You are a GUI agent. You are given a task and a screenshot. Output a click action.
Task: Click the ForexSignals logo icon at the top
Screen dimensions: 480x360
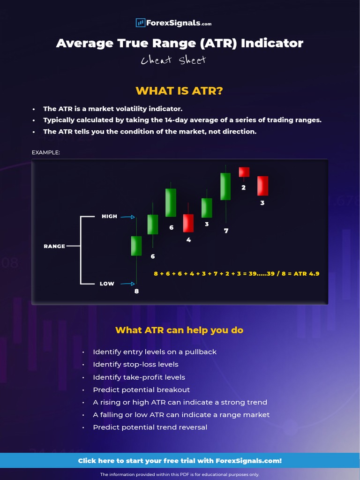(x=140, y=22)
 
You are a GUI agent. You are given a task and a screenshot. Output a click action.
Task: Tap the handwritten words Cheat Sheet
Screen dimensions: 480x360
(x=173, y=60)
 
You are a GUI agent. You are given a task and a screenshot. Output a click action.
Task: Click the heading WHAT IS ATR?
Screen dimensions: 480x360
(x=180, y=90)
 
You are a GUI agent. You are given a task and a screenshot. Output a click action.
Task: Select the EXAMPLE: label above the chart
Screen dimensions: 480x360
(x=45, y=152)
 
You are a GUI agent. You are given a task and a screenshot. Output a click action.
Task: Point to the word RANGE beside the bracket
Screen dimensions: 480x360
(x=54, y=246)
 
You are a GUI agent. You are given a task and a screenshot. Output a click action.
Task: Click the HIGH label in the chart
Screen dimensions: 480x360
(x=109, y=217)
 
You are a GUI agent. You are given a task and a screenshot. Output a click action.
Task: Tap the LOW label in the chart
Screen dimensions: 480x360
(x=107, y=284)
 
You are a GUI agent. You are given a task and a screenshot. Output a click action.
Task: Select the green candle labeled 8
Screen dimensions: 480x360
(x=136, y=246)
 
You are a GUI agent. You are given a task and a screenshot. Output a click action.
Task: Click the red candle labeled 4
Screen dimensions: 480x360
(x=188, y=223)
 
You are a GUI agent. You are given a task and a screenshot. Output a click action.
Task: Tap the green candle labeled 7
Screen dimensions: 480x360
(x=225, y=186)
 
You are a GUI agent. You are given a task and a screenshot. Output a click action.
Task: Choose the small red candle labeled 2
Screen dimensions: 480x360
(x=244, y=172)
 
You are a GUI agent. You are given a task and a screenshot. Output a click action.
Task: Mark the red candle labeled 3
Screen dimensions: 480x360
(x=262, y=186)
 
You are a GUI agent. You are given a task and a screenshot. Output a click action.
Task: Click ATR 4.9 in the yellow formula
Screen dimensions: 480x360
(x=307, y=273)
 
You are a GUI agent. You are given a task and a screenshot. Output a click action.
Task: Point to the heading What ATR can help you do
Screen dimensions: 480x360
(x=180, y=330)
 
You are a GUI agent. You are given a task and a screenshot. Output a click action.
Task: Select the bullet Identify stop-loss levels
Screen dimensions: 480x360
(x=135, y=364)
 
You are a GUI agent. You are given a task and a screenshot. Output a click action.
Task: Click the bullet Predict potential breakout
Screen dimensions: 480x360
(x=141, y=390)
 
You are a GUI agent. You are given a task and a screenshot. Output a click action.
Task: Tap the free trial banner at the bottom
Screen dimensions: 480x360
(x=180, y=461)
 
